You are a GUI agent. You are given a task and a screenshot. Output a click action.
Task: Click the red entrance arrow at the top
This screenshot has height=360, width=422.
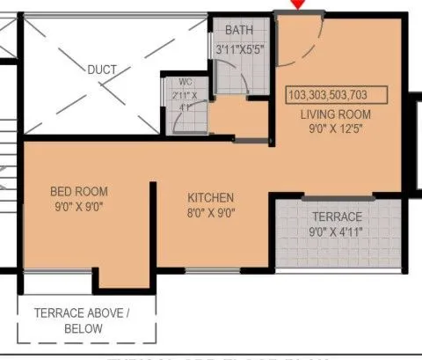[300, 4]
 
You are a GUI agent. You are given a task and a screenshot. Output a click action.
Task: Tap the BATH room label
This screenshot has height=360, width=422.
[240, 31]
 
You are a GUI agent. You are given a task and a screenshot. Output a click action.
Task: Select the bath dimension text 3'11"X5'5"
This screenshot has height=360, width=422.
[240, 49]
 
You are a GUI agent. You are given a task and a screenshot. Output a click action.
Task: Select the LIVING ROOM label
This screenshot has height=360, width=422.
[336, 114]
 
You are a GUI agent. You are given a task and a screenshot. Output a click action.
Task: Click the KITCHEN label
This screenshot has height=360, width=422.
[211, 197]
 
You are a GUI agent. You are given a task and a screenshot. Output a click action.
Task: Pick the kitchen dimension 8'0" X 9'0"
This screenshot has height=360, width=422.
[211, 213]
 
